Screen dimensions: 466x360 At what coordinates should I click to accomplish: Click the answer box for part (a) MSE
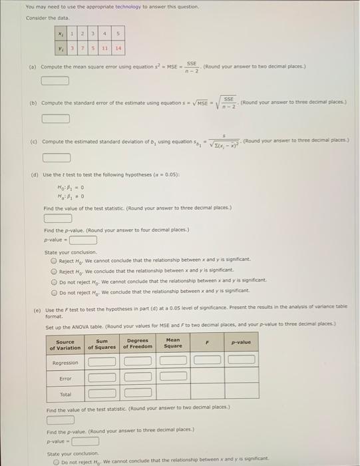(56, 81)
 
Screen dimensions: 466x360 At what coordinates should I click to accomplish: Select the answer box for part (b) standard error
(56, 119)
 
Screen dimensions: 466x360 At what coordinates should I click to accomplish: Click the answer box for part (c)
(56, 158)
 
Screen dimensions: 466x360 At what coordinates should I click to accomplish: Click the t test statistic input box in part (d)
(58, 218)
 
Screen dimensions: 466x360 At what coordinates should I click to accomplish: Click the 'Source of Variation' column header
(66, 346)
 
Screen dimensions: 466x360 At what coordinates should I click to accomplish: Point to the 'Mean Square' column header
(173, 346)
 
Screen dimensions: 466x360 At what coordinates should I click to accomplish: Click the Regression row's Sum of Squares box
(102, 362)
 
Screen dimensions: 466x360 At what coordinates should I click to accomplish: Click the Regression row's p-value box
(242, 362)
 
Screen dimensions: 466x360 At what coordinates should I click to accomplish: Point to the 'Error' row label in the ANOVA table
(65, 378)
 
